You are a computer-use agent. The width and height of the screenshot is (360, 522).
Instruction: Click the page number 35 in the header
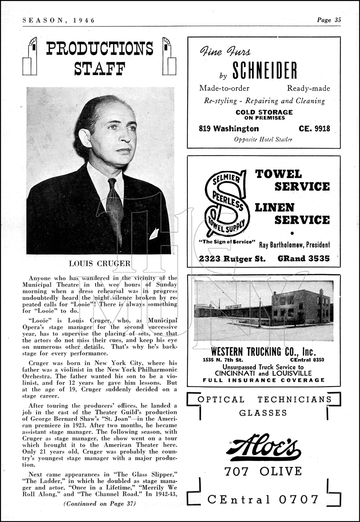click(x=337, y=20)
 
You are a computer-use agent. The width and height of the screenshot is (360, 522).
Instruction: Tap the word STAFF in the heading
click(x=100, y=68)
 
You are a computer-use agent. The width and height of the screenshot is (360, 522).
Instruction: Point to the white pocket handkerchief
click(x=154, y=234)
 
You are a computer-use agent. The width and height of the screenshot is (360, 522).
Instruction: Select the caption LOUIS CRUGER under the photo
click(x=100, y=263)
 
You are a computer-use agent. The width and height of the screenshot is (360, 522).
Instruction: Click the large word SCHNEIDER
click(x=265, y=71)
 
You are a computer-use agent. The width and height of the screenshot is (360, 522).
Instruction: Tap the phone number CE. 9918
click(x=314, y=128)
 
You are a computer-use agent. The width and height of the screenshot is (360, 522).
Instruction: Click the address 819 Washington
click(x=229, y=128)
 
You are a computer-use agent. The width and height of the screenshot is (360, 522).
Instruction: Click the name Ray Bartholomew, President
click(x=294, y=245)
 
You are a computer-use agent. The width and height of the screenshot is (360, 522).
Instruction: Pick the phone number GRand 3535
click(x=303, y=258)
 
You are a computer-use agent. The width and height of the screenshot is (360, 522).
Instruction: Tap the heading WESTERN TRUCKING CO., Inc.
click(x=263, y=351)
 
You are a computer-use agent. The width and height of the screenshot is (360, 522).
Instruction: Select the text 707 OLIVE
click(x=263, y=471)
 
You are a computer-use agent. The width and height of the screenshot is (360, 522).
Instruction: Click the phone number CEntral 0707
click(x=263, y=499)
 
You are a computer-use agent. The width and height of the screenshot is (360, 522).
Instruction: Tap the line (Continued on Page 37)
click(x=100, y=504)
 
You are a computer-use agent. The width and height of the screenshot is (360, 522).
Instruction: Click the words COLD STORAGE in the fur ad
click(x=264, y=112)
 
